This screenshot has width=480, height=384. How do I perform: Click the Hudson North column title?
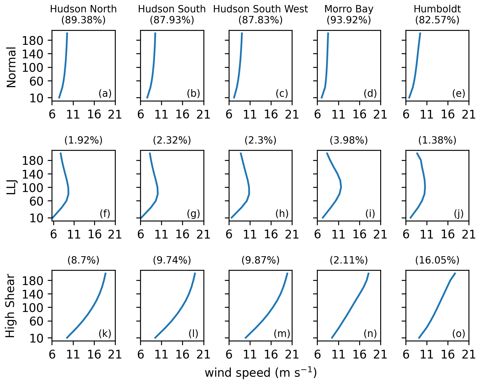[x=83, y=9]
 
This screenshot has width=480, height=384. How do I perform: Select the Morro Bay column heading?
[x=349, y=9]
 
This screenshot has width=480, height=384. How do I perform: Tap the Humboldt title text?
[x=437, y=9]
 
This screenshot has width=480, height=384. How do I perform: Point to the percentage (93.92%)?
[x=349, y=20]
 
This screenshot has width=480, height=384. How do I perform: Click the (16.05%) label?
[x=437, y=260]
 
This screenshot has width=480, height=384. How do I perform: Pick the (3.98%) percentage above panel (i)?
[x=349, y=140]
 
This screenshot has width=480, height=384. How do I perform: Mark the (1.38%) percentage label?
[x=437, y=140]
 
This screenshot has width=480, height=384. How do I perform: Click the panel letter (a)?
[x=105, y=94]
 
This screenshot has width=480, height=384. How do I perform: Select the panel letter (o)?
[x=459, y=334]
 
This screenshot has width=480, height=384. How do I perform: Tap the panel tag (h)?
[x=282, y=214]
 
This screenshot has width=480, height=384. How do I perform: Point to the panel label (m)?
[x=282, y=334]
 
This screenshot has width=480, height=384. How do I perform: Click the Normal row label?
[x=11, y=67]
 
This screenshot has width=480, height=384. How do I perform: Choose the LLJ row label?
[x=11, y=187]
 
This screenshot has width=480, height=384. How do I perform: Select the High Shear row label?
[x=10, y=306]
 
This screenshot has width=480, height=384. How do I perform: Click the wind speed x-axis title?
[x=261, y=373]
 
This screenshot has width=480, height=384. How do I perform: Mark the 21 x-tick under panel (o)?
[x=469, y=355]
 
